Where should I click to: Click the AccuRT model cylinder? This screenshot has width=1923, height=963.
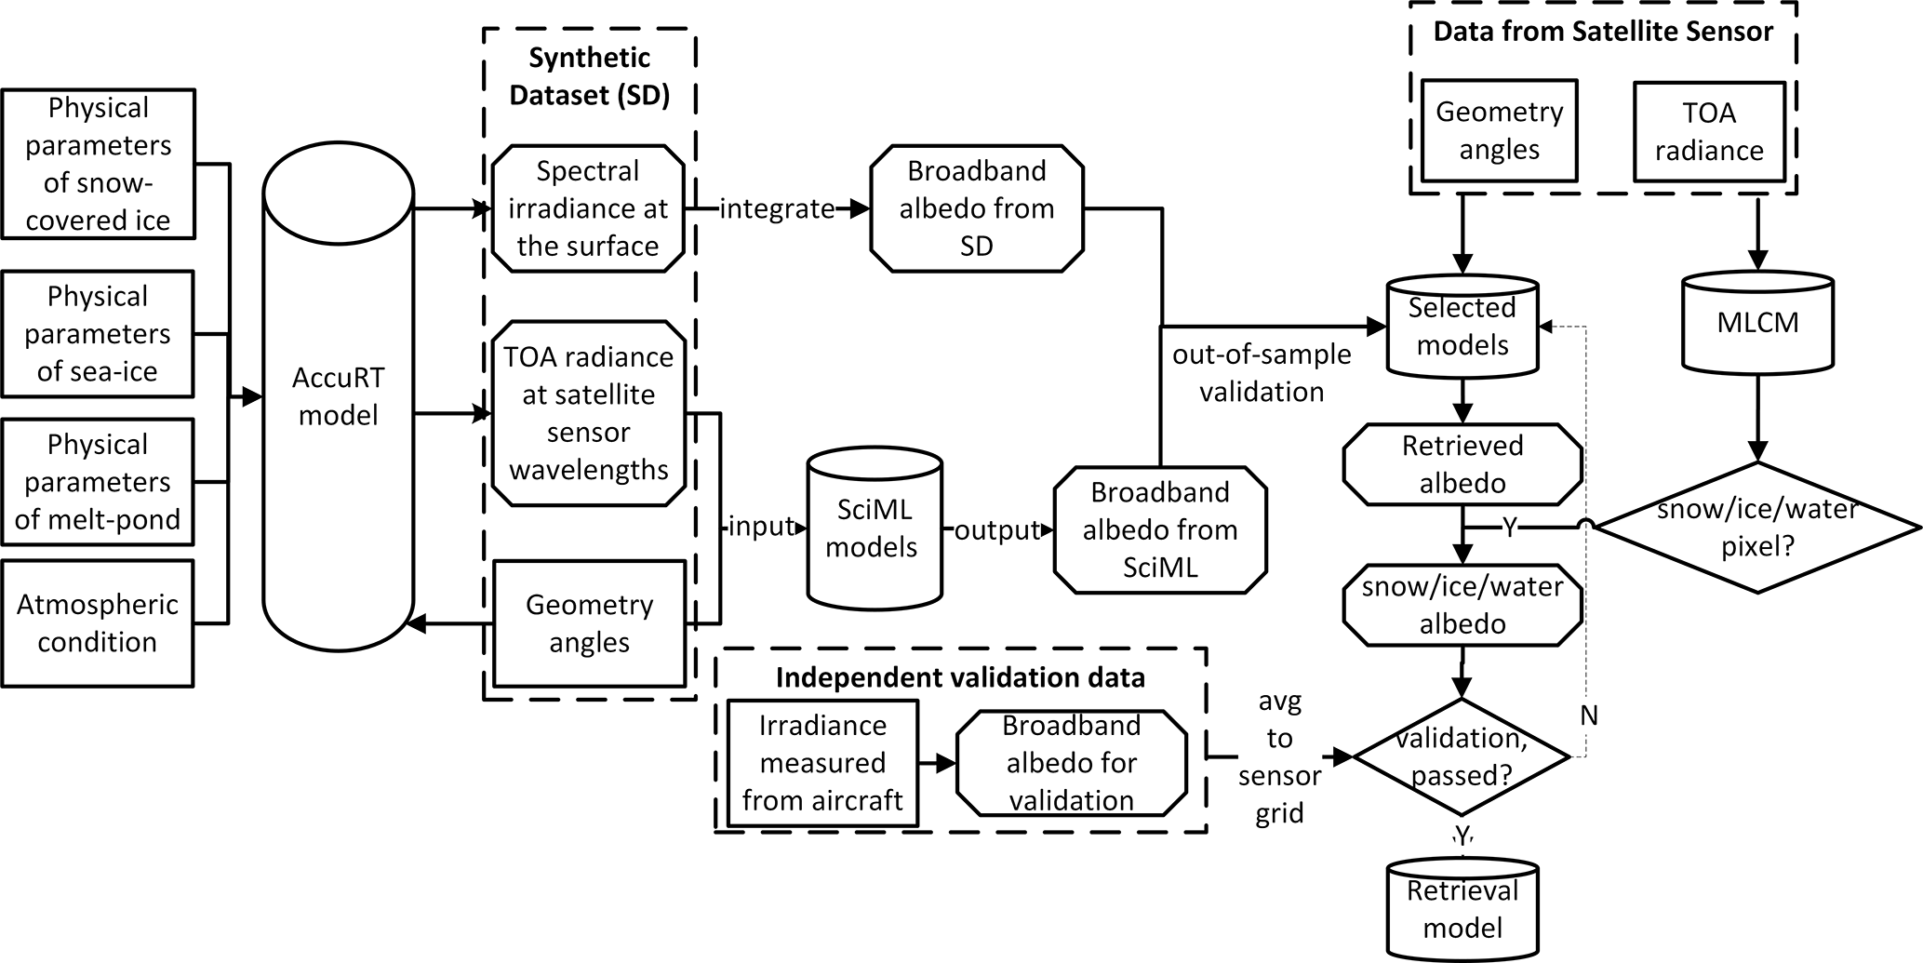coord(338,397)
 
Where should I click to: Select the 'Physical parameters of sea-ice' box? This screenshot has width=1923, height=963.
coord(98,334)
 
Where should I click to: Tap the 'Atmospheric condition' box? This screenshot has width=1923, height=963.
coord(98,623)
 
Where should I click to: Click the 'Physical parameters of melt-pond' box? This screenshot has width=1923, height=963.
coord(98,482)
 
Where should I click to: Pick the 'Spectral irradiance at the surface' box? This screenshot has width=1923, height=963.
coord(588,208)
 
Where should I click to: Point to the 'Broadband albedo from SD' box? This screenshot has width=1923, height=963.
coord(977,208)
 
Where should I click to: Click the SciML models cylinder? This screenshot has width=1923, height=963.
coord(873,528)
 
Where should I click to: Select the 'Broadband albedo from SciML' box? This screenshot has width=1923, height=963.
coord(1160,529)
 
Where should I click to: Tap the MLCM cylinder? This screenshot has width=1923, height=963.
coord(1757,323)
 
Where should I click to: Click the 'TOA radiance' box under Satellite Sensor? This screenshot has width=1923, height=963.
coord(1709,131)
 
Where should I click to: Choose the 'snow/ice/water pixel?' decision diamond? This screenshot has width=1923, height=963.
coord(1757,528)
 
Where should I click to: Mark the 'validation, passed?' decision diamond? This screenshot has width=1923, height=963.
coord(1462,756)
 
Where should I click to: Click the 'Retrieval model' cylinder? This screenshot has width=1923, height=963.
coord(1462,909)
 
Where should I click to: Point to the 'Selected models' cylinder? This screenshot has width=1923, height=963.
coord(1462,327)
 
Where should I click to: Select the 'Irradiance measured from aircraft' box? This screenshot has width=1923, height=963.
coord(822,763)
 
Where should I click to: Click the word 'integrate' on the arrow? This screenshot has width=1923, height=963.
coord(777,209)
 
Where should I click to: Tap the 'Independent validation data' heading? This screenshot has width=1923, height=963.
coord(960,677)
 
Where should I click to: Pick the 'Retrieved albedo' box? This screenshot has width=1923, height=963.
coord(1462,464)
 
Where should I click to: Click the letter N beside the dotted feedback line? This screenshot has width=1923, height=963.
coord(1589,716)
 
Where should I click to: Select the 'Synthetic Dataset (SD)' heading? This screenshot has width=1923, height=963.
coord(589,76)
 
